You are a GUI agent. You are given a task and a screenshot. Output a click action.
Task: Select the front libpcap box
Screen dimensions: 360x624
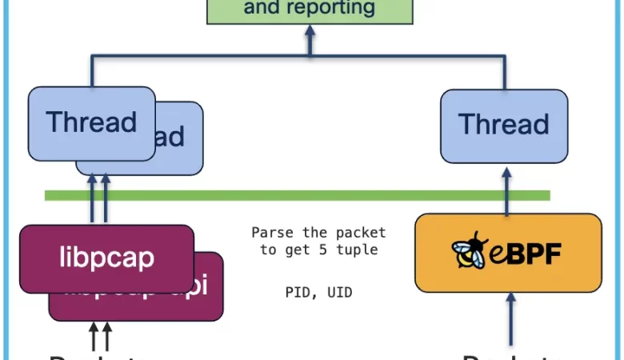(106, 258)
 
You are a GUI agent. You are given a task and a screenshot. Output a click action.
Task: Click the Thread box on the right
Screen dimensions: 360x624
(504, 125)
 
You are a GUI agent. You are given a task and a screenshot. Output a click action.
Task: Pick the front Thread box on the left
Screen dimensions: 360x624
(91, 122)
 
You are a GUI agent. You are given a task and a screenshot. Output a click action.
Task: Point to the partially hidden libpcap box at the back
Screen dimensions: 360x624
(207, 296)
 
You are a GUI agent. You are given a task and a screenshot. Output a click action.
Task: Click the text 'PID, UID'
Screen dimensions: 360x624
(318, 293)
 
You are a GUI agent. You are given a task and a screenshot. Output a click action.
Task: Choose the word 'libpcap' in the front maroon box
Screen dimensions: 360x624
(106, 258)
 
